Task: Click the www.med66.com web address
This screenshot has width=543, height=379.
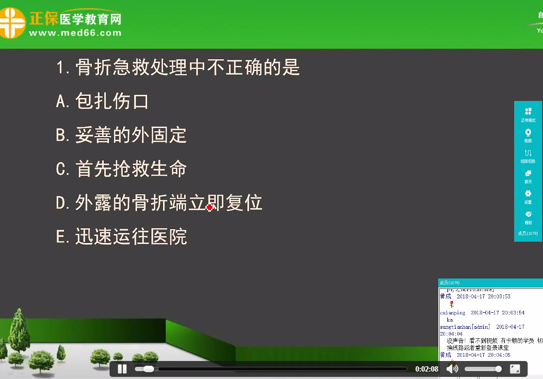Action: pyautogui.click(x=75, y=33)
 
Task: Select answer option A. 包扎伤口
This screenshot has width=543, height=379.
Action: pyautogui.click(x=102, y=101)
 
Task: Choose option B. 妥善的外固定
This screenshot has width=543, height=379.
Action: pyautogui.click(x=121, y=135)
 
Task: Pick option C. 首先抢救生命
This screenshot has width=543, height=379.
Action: pyautogui.click(x=121, y=169)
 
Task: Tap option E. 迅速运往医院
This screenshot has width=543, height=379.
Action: pyautogui.click(x=121, y=237)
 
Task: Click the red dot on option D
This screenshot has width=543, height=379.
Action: pyautogui.click(x=210, y=207)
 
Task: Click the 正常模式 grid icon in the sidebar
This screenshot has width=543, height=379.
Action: pyautogui.click(x=528, y=112)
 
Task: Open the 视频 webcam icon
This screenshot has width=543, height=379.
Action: pyautogui.click(x=528, y=132)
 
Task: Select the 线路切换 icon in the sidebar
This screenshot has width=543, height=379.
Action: pyautogui.click(x=528, y=153)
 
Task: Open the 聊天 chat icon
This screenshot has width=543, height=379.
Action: pyautogui.click(x=528, y=174)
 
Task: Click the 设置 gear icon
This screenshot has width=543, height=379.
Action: pyautogui.click(x=528, y=194)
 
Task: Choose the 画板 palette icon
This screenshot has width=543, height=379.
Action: pyautogui.click(x=528, y=214)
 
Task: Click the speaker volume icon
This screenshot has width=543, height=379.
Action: pyautogui.click(x=453, y=368)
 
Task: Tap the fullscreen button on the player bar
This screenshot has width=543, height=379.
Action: pyautogui.click(x=515, y=368)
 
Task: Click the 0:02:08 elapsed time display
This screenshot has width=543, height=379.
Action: pyautogui.click(x=427, y=369)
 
